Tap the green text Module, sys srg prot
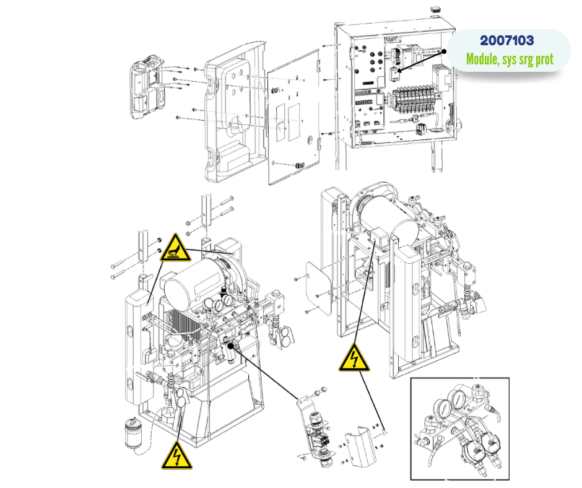[x=510, y=60]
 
